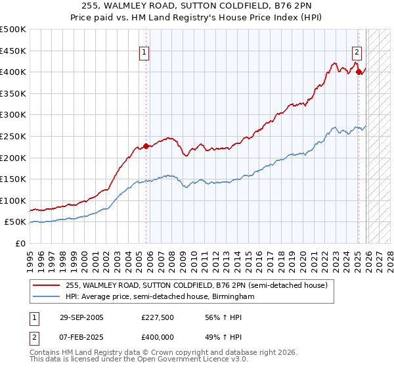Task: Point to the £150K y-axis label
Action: [x=13, y=179]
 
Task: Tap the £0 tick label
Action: [x=20, y=243]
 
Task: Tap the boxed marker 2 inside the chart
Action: [x=357, y=53]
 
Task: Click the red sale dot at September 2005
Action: [x=146, y=147]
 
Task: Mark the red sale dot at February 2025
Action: [x=359, y=72]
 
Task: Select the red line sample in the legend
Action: [x=47, y=285]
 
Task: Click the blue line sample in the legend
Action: [x=47, y=296]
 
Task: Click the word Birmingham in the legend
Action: [x=232, y=296]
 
